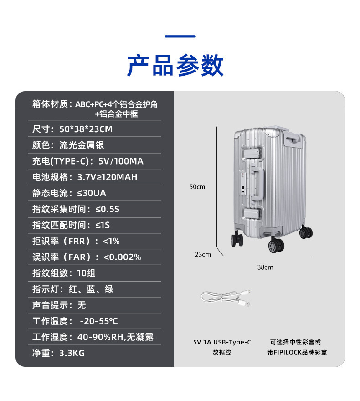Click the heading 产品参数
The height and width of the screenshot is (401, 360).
[x=175, y=65]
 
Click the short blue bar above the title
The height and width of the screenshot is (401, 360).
[x=180, y=36]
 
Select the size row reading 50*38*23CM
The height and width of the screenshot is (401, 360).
[x=72, y=129]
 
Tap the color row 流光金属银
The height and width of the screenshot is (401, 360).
[x=68, y=145]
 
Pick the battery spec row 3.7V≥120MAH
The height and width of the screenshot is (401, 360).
[x=85, y=177]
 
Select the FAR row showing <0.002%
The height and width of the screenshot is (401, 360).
[x=87, y=257]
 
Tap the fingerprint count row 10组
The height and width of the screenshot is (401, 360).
[x=64, y=273]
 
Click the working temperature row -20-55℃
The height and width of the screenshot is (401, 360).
[x=75, y=321]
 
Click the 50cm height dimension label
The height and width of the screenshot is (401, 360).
[x=197, y=187]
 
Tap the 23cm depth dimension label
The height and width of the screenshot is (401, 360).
[x=203, y=254]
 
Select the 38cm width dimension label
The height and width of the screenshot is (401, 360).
[x=265, y=267]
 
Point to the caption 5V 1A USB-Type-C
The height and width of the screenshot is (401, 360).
[x=222, y=342]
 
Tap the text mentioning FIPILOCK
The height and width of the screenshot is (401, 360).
[x=297, y=352]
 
